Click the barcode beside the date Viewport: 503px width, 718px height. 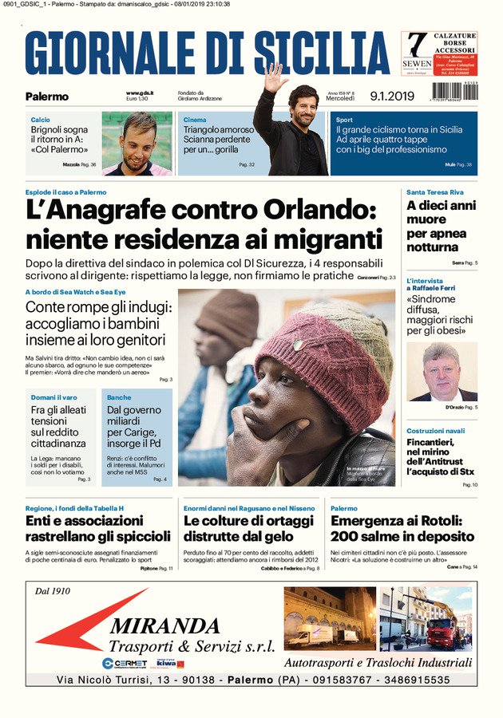pyautogui.click(x=455, y=92)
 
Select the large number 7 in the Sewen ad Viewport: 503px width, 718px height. pyautogui.click(x=416, y=44)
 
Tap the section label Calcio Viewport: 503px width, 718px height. pyautogui.click(x=40, y=119)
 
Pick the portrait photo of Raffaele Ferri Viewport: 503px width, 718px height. pyautogui.click(x=442, y=371)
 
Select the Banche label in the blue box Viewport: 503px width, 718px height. pyautogui.click(x=119, y=397)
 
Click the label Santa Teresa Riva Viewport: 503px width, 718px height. pyautogui.click(x=434, y=192)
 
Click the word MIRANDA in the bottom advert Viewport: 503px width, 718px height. pyautogui.click(x=164, y=625)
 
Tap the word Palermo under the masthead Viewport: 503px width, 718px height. pyautogui.click(x=47, y=97)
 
